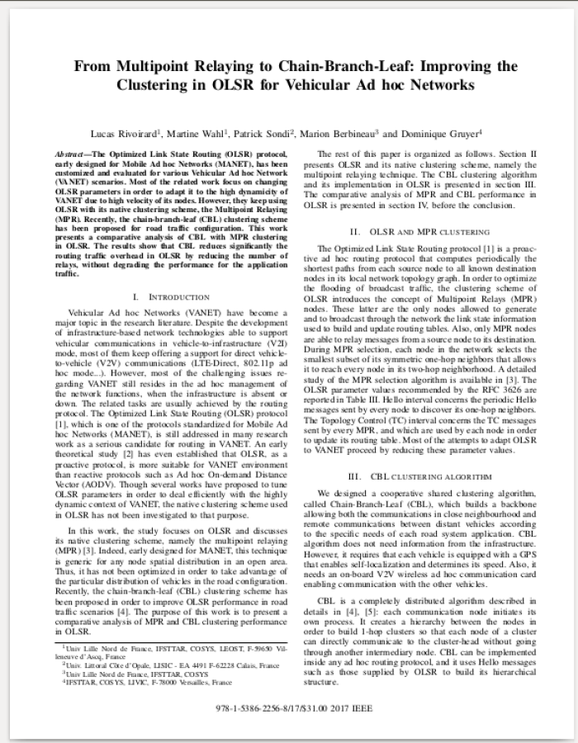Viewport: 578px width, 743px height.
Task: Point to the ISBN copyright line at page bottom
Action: coord(289,708)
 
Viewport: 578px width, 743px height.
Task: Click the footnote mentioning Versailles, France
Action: coord(136,683)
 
